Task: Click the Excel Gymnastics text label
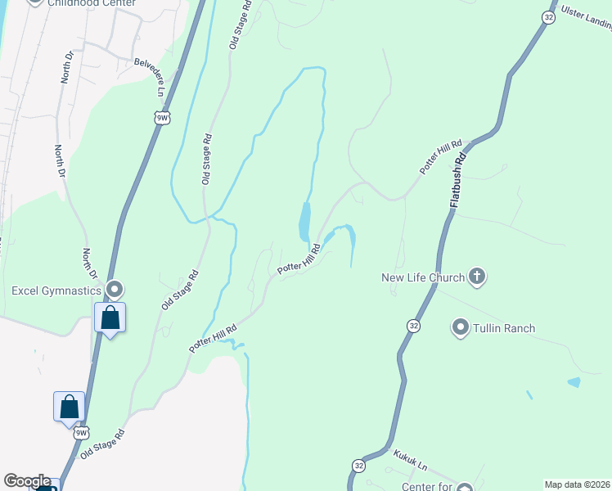pyautogui.click(x=56, y=291)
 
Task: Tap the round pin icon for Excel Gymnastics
pyautogui.click(x=115, y=290)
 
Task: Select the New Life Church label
pyautogui.click(x=423, y=277)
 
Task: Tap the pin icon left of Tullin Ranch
pyautogui.click(x=460, y=328)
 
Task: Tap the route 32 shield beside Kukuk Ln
pyautogui.click(x=358, y=465)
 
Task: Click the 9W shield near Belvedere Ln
pyautogui.click(x=162, y=119)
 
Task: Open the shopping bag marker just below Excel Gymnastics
pyautogui.click(x=110, y=318)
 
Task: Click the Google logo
pyautogui.click(x=27, y=481)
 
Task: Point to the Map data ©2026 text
pyautogui.click(x=577, y=484)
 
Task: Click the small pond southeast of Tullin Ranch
pyautogui.click(x=574, y=382)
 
